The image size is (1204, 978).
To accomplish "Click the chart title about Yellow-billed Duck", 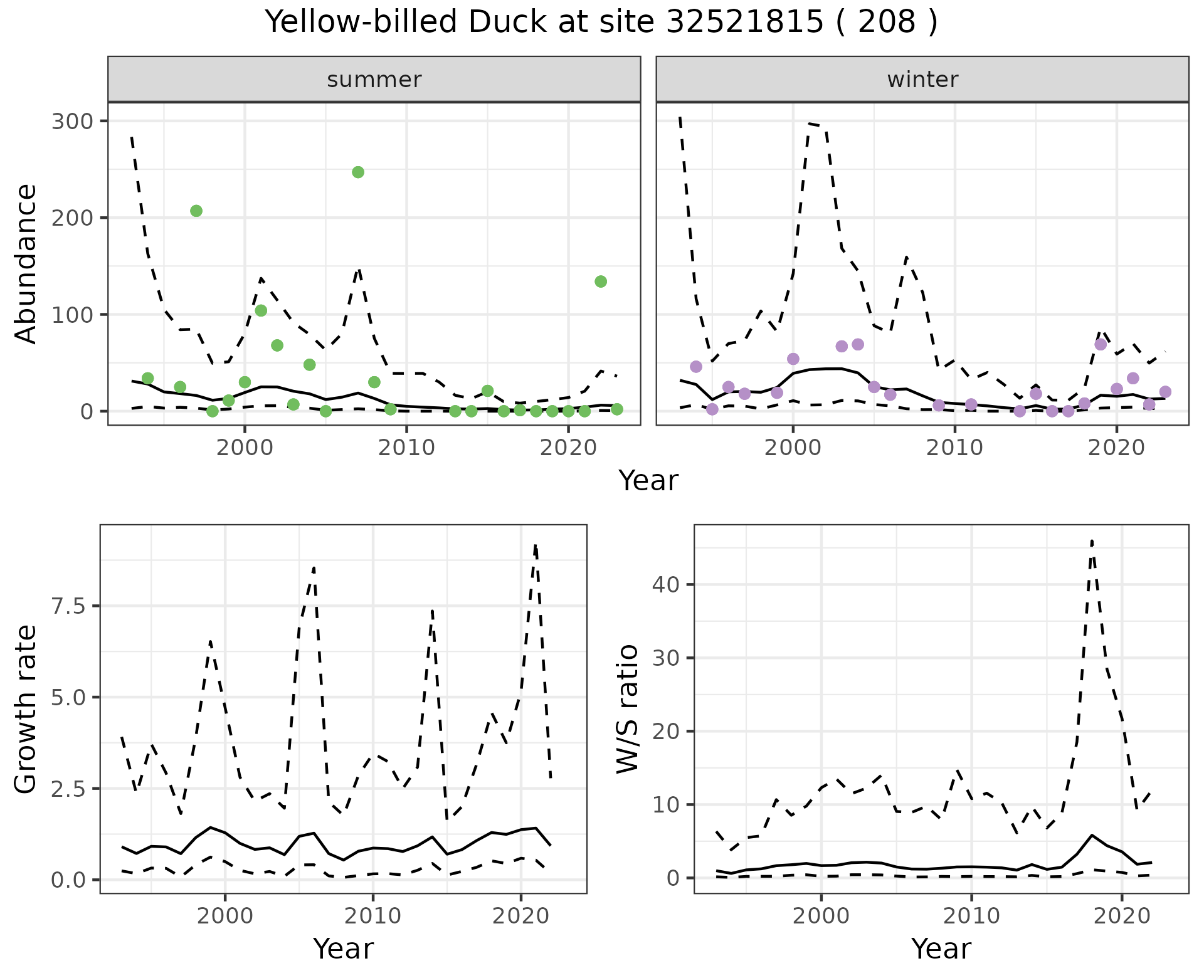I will tap(601, 23).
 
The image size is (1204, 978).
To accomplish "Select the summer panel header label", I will tap(374, 80).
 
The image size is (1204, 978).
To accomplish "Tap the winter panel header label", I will tap(922, 80).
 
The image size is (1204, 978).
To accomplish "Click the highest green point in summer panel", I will tap(358, 172).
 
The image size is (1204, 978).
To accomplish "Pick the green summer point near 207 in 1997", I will tap(196, 211).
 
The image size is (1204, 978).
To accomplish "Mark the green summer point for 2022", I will tap(601, 281).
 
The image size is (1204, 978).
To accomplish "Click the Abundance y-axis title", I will tap(26, 263).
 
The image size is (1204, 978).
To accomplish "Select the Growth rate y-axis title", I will tap(26, 708).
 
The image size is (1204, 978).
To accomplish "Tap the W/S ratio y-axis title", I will tap(627, 708).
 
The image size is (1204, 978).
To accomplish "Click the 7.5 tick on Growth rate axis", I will tap(71, 606).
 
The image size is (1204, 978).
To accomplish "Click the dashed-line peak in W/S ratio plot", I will tap(1092, 540).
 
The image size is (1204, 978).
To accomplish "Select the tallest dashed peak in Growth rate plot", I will tap(535, 545).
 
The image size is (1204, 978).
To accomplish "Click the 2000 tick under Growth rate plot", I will tap(224, 916).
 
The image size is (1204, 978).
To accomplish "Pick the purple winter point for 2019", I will tap(1101, 344).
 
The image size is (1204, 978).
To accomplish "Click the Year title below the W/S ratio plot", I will tap(941, 949).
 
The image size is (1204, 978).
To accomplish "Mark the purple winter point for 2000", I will tap(793, 359).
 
